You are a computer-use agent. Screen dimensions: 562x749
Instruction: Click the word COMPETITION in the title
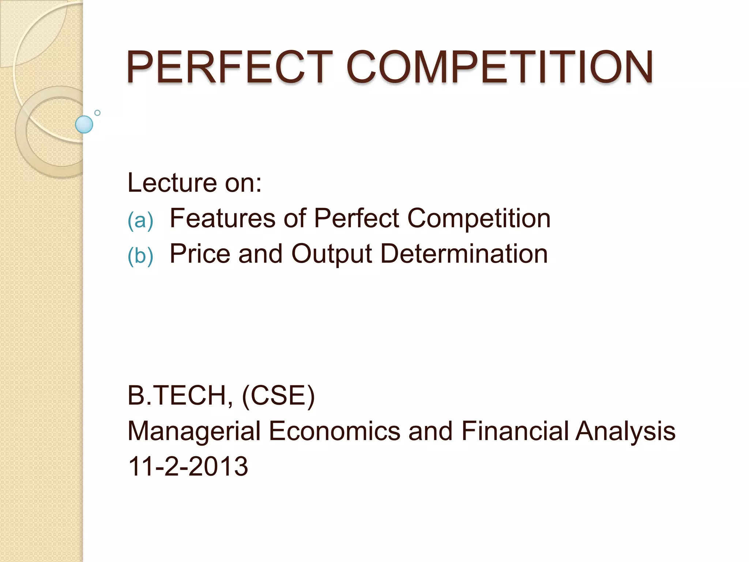[500, 67]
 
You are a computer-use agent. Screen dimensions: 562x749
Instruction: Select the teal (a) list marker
[140, 221]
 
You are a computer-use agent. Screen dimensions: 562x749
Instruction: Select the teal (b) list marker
[140, 255]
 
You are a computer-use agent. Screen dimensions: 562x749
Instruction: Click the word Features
[222, 218]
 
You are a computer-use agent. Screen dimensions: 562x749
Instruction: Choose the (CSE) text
[278, 396]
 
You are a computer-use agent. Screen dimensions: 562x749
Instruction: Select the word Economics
[335, 431]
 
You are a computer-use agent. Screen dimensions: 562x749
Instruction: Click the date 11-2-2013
[188, 467]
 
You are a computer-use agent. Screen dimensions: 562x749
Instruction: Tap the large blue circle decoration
[84, 124]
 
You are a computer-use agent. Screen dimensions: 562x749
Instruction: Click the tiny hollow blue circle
[97, 113]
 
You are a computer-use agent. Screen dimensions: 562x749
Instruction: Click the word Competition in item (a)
[479, 219]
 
